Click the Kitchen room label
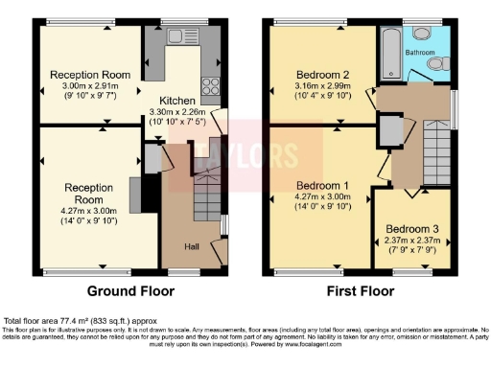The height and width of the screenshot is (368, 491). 178,101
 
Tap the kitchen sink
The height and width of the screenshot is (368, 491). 177,36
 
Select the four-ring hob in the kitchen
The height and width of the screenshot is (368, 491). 211,85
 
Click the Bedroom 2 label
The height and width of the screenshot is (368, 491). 321,74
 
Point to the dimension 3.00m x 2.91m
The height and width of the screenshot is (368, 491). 90,85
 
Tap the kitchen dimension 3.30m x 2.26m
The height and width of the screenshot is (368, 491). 178,112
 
